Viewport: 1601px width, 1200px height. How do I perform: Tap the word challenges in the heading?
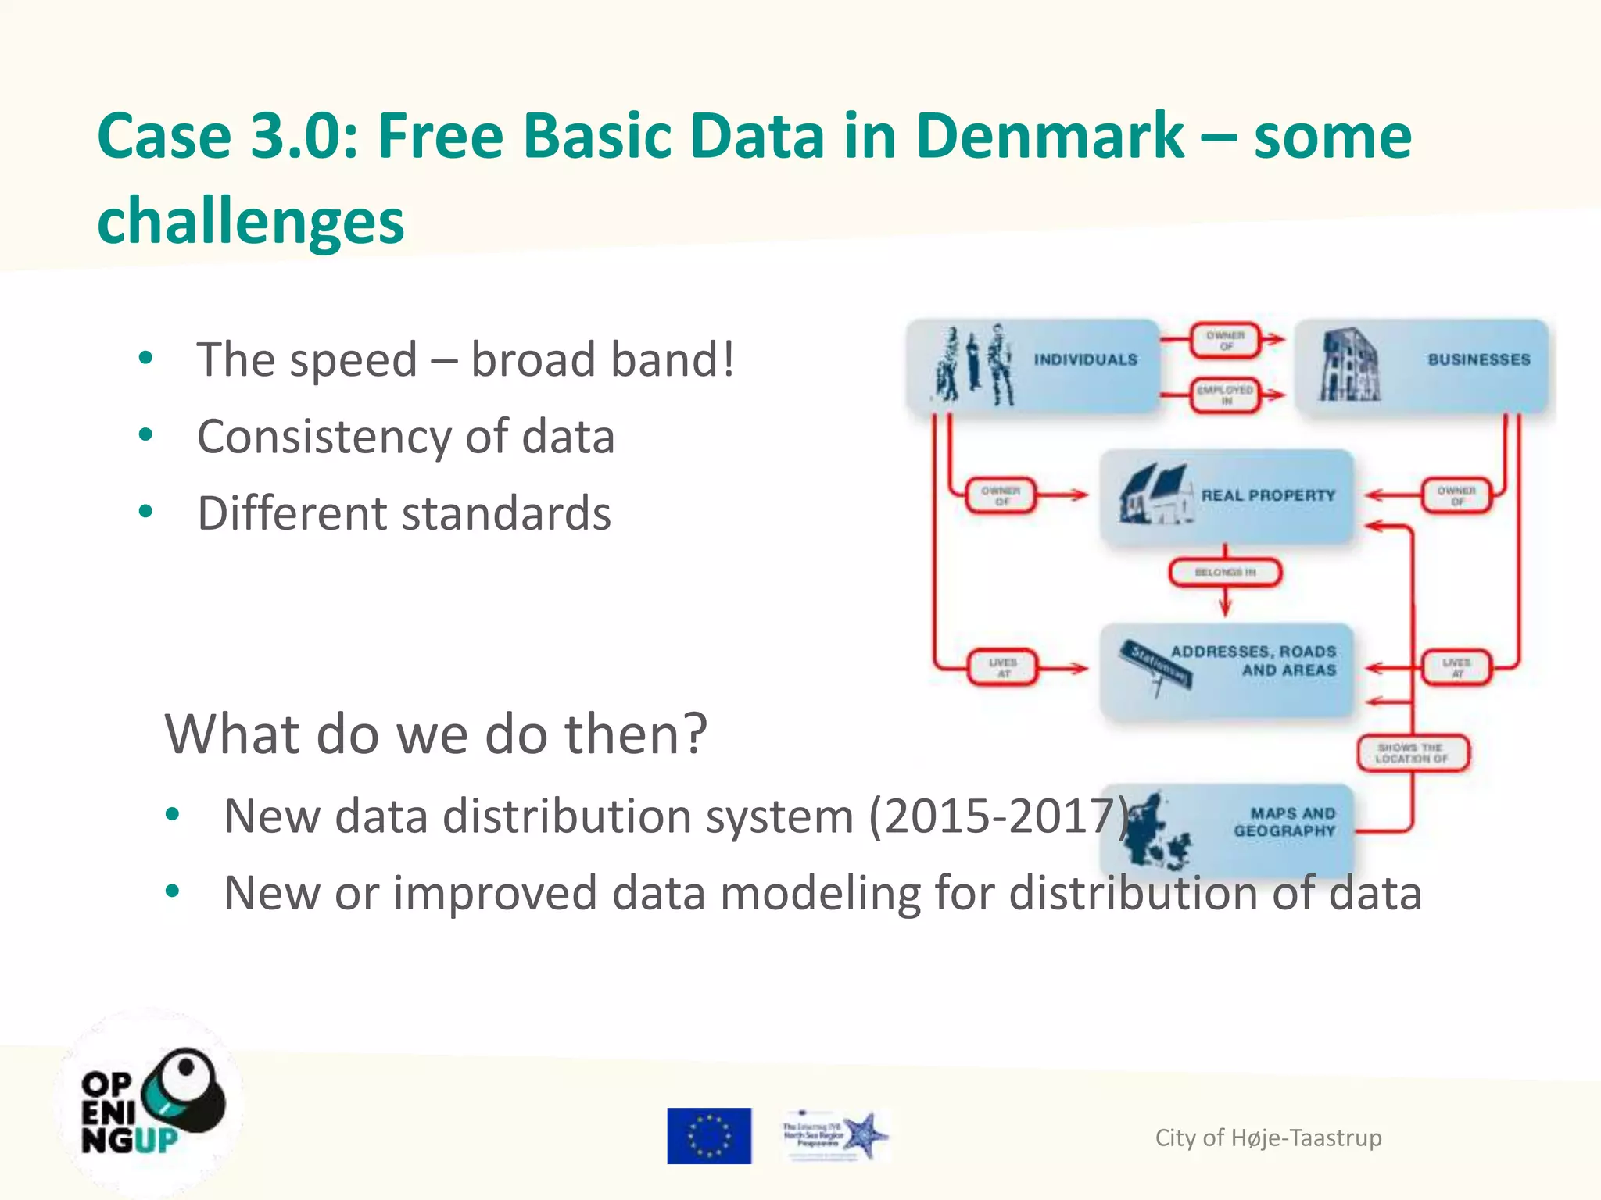(251, 221)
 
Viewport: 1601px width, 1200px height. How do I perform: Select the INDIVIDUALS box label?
(1085, 359)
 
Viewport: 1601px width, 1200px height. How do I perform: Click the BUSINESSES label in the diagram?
(1478, 359)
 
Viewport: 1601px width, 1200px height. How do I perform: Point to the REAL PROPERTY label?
(1268, 495)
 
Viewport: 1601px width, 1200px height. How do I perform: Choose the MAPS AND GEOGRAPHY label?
(1284, 822)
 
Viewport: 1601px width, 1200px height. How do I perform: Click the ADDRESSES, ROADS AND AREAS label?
(1254, 661)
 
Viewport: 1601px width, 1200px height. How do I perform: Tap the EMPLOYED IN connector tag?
(1225, 395)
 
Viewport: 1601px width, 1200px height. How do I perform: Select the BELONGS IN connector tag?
(1225, 573)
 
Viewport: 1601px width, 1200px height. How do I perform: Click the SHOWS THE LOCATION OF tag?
(1412, 753)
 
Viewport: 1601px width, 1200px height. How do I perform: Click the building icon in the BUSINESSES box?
(1348, 366)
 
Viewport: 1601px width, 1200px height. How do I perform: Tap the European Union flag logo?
(709, 1136)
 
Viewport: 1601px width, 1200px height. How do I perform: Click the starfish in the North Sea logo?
(865, 1134)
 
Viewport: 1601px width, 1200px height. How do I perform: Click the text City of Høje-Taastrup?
(1268, 1137)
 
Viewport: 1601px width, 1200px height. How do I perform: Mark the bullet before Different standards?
(145, 512)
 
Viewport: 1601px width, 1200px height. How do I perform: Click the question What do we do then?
(435, 734)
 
